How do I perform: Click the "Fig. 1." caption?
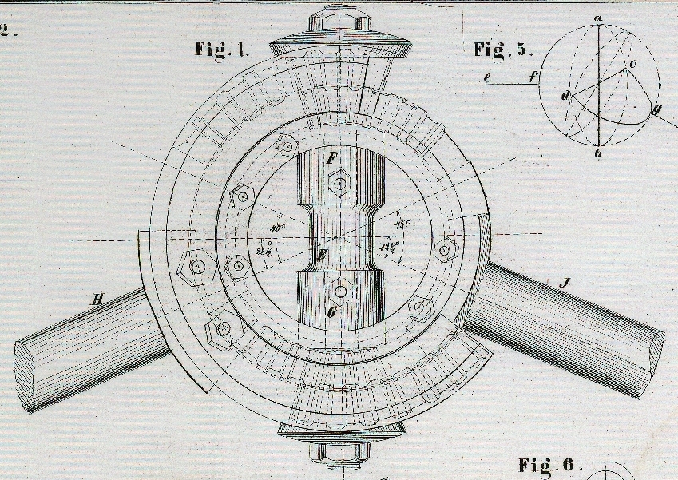point(222,48)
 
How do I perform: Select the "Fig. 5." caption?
point(502,50)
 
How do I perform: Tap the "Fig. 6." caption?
point(550,465)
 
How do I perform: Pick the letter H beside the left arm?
point(98,300)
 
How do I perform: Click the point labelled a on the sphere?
point(597,18)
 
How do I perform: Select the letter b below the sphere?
point(597,153)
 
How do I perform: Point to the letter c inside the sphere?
point(632,62)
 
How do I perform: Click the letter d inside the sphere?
point(565,97)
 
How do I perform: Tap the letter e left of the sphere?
point(486,77)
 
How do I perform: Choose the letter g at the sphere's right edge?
point(657,111)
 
